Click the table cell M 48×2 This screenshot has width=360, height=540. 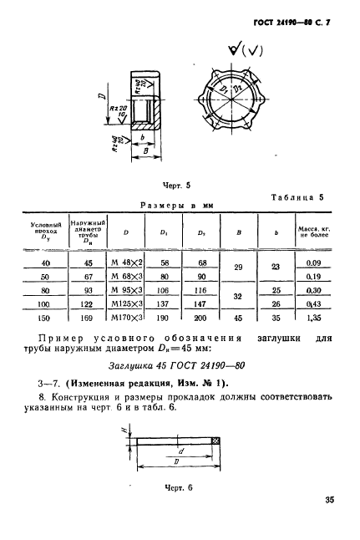point(127,262)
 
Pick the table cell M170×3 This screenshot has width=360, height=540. point(127,318)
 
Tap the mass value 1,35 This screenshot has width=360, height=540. point(314,318)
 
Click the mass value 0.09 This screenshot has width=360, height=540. point(314,262)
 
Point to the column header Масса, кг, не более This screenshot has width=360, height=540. point(314,232)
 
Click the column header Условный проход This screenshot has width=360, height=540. point(45,232)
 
